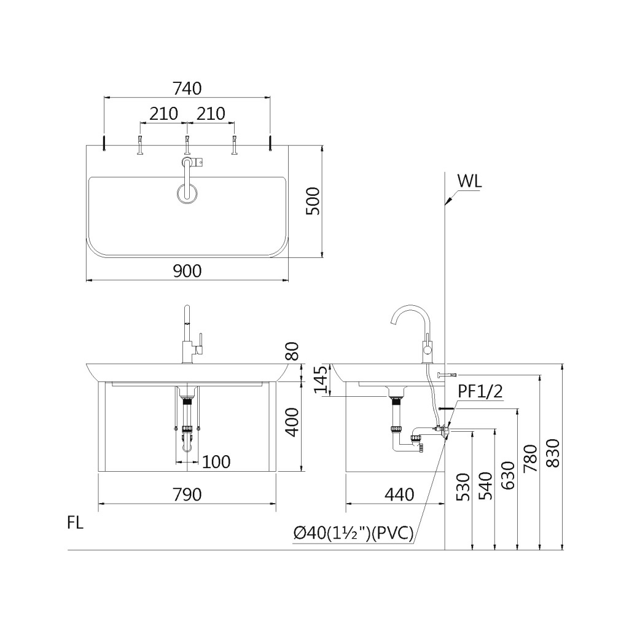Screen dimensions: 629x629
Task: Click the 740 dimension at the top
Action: pos(187,88)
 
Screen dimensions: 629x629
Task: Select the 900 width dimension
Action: pos(187,271)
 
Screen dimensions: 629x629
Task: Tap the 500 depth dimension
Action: pos(313,201)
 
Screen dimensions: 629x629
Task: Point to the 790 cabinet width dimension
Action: pos(187,494)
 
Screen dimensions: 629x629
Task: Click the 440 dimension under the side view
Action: pos(399,494)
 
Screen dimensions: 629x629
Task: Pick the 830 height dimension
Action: pos(553,453)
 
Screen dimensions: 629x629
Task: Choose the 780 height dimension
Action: pos(531,459)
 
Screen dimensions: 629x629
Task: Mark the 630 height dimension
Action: pos(508,475)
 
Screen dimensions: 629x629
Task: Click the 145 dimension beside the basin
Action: pos(321,380)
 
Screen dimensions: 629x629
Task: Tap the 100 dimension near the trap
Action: pos(216,462)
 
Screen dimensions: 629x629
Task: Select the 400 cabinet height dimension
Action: pos(293,422)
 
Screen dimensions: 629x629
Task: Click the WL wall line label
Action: pos(469,182)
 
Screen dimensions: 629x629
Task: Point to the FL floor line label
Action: pos(76,523)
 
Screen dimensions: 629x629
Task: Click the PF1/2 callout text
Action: pos(480,391)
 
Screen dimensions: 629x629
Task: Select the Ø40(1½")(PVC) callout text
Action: pos(353,533)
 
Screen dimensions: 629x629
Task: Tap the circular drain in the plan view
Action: pos(187,193)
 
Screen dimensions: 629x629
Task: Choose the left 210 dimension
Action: pos(163,114)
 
